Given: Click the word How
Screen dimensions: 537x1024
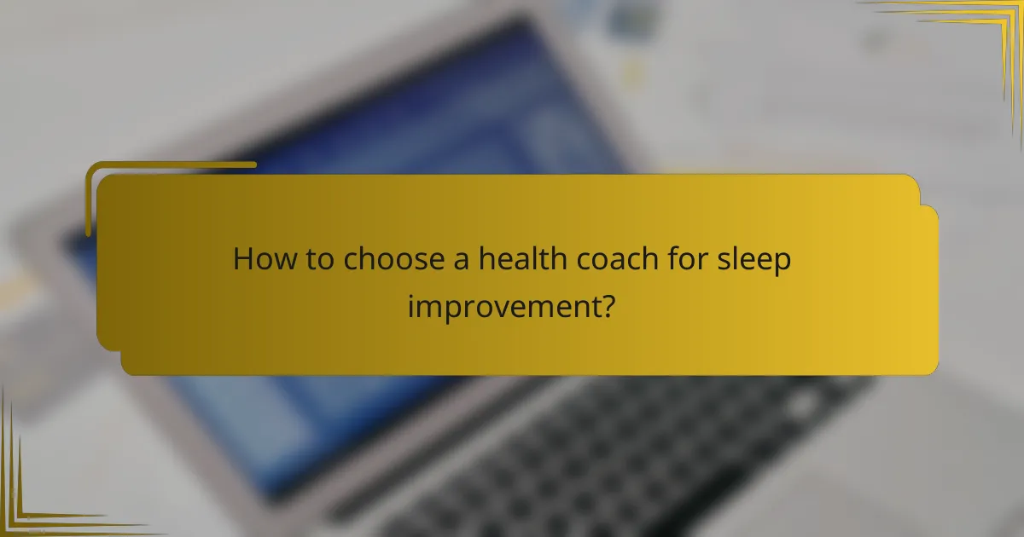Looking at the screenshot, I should click(x=260, y=260).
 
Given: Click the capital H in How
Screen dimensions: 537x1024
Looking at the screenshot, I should click(x=242, y=260).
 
